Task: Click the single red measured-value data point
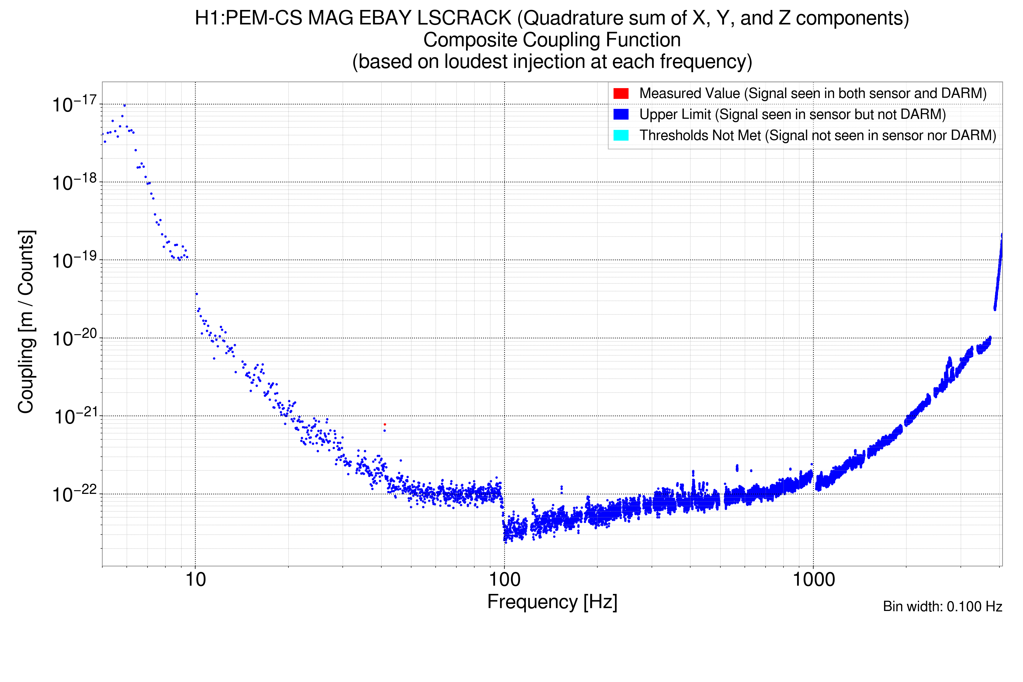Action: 384,424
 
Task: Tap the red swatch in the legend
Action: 621,93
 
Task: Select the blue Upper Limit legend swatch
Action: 621,115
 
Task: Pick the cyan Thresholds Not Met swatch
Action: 621,135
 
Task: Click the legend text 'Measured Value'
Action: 689,93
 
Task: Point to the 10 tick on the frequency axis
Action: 195,580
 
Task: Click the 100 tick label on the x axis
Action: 505,580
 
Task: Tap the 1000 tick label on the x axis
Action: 813,580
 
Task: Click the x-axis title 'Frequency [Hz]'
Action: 552,602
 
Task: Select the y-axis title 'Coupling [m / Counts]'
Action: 26,322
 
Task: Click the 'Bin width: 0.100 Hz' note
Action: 942,606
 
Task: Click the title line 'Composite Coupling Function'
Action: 552,40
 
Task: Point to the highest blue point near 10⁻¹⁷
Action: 124,105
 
